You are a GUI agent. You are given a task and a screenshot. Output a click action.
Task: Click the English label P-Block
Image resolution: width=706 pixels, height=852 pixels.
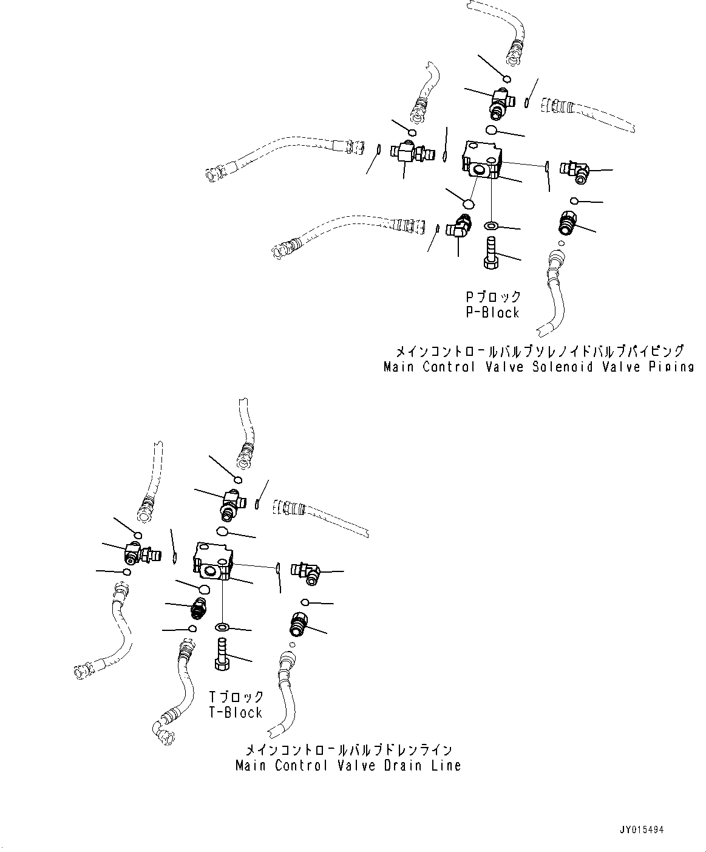coord(492,313)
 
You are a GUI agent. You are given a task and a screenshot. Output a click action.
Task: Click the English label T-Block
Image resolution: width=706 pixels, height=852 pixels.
coord(236,713)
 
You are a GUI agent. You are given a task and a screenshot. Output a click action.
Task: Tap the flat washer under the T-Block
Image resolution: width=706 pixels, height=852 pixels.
coord(222,626)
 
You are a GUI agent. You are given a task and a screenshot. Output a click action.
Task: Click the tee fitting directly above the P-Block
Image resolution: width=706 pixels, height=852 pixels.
coord(503,101)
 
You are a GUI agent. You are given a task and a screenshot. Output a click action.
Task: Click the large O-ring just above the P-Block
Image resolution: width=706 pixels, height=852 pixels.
coord(492,131)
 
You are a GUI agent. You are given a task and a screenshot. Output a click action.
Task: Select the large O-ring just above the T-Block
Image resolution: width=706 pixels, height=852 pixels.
coord(222,532)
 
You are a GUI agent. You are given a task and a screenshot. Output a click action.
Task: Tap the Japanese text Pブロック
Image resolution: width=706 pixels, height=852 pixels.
coord(493,297)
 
